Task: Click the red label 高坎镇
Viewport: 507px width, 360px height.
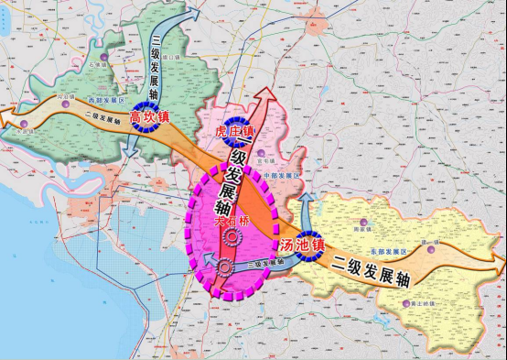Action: coord(148,116)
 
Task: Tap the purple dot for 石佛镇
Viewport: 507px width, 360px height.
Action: coord(105,67)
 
